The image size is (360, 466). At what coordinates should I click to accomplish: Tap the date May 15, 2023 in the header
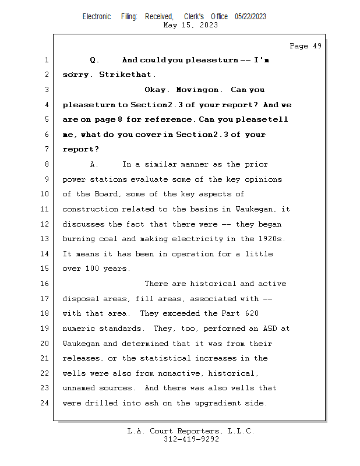click(x=190, y=25)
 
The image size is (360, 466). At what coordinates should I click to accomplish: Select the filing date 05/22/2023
click(x=250, y=16)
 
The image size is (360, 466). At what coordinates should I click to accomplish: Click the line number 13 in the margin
click(x=46, y=239)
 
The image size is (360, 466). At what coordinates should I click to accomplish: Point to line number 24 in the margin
click(x=46, y=403)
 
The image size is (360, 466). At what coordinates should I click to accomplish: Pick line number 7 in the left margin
click(x=46, y=149)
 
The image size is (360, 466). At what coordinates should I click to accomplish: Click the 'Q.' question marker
click(x=95, y=60)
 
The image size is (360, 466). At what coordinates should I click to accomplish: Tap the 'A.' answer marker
click(x=95, y=164)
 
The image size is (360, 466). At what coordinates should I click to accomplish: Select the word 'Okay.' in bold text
click(x=157, y=90)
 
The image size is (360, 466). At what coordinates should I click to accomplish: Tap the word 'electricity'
click(x=209, y=239)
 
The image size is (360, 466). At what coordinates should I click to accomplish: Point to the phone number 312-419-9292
click(x=190, y=439)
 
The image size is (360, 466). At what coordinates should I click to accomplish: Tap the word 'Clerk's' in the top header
click(x=194, y=16)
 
